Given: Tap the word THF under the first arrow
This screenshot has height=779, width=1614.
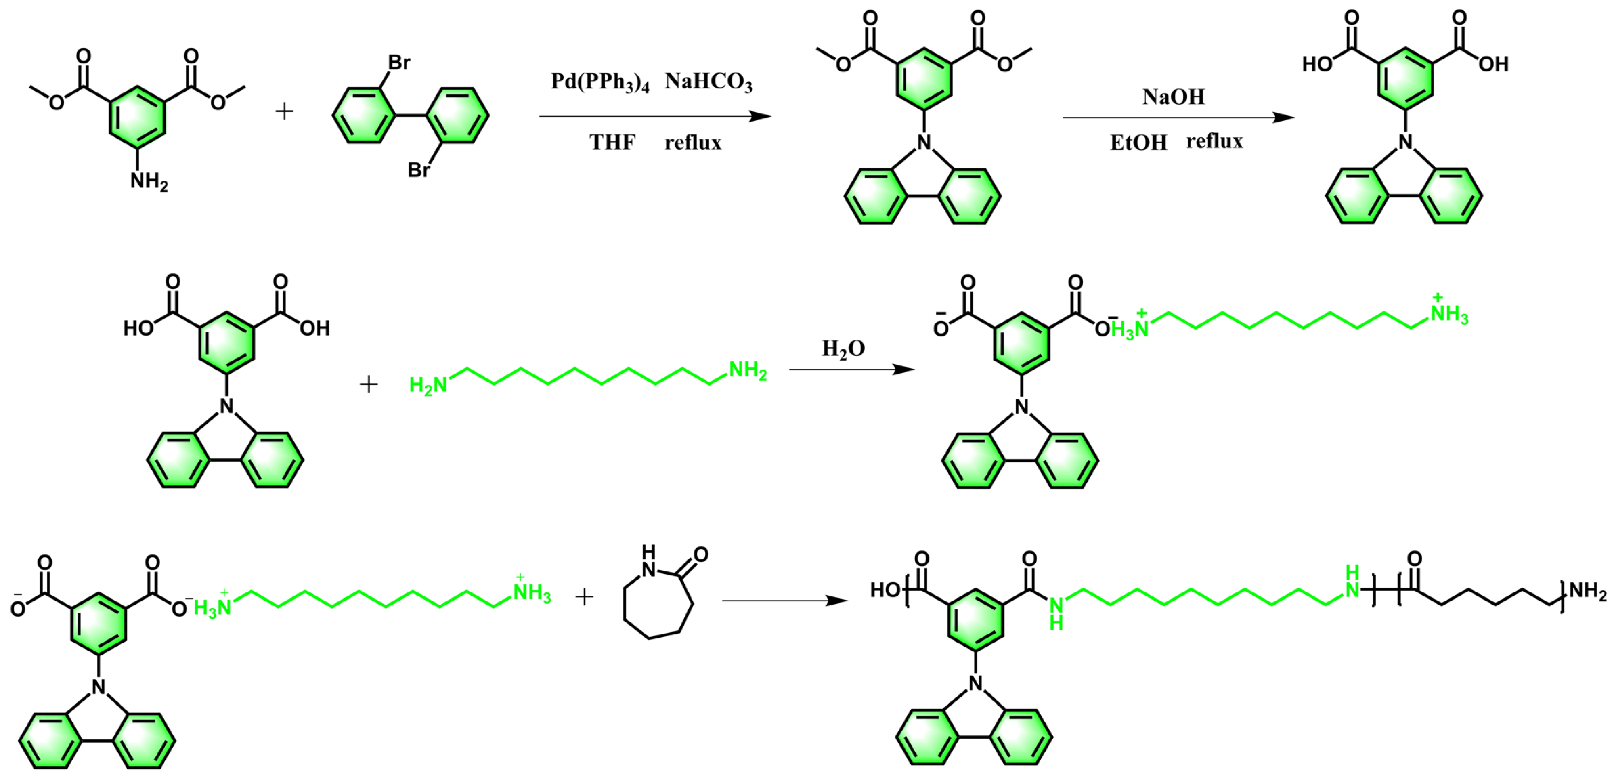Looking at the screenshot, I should click(x=612, y=143).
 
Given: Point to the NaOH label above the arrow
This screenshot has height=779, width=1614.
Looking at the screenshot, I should click(x=1174, y=97).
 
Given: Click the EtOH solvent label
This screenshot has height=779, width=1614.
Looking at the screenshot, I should click(x=1138, y=143).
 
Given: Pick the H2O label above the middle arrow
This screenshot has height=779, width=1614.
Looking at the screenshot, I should click(x=843, y=349).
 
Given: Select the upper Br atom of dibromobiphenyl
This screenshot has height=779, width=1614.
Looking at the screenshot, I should click(x=399, y=63).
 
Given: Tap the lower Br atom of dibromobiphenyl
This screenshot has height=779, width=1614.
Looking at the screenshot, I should click(x=419, y=170).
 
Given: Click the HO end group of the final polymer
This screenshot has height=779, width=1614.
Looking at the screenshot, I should click(x=885, y=590).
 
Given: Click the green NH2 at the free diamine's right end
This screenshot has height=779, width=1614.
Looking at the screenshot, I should click(x=748, y=370).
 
